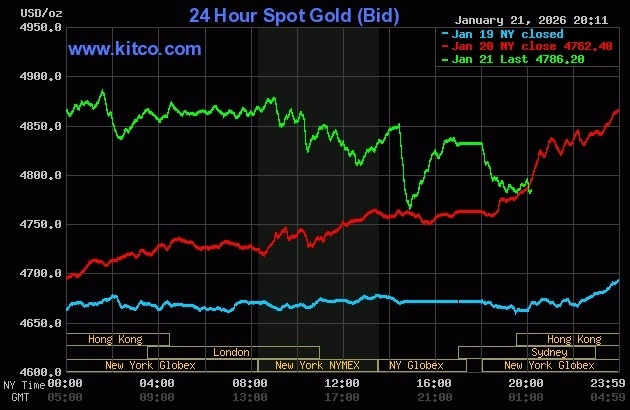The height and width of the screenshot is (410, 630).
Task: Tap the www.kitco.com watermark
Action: pyautogui.click(x=134, y=48)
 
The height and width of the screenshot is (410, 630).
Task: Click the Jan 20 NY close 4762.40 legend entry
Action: pyautogui.click(x=516, y=46)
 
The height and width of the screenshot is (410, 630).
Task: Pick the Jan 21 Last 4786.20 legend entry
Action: pyautogui.click(x=516, y=59)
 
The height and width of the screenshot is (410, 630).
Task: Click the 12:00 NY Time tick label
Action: pyautogui.click(x=342, y=383)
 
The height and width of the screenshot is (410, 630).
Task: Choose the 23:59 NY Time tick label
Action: pyautogui.click(x=608, y=383)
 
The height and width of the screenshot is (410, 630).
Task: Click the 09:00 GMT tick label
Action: pyautogui.click(x=158, y=397)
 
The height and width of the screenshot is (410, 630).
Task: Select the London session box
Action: pyautogui.click(x=232, y=352)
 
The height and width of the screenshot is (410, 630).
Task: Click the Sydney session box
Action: pyautogui.click(x=549, y=352)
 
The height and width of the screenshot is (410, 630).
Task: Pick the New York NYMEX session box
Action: pyautogui.click(x=318, y=365)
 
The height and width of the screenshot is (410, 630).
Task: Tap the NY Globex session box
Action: pyautogui.click(x=416, y=365)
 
